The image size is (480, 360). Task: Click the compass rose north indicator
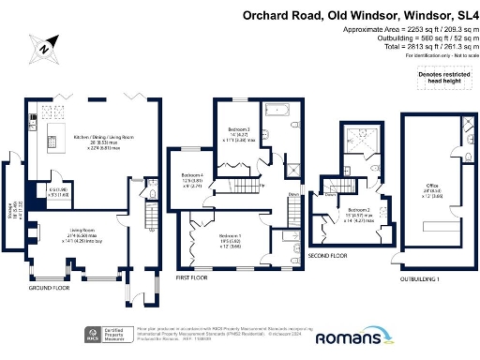45,45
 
